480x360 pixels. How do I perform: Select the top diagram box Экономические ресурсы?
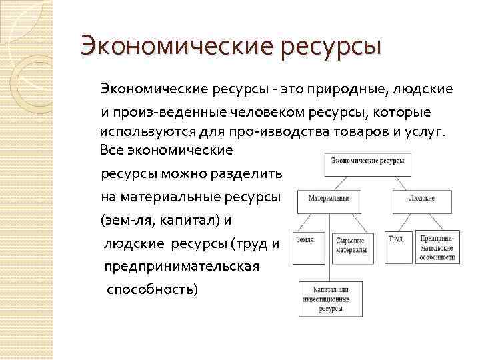[x=367, y=162]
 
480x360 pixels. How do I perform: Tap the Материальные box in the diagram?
[x=329, y=199]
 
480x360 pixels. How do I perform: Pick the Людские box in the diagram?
[x=422, y=199]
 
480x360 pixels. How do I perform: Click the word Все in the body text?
[x=111, y=150]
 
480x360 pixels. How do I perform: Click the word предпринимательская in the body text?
[x=182, y=267]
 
